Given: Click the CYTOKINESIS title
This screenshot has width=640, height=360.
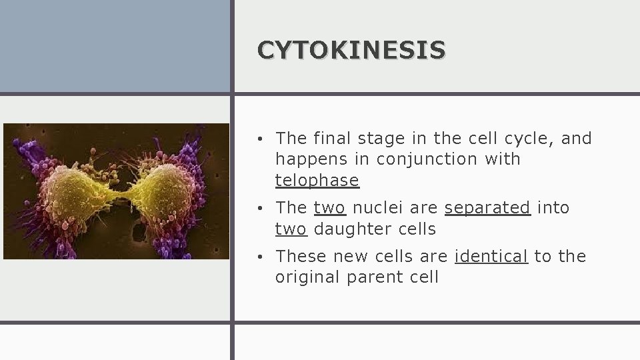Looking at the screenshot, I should pyautogui.click(x=351, y=49).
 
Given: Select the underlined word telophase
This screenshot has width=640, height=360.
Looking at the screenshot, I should pyautogui.click(x=317, y=181).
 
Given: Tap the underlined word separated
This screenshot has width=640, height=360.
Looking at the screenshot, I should pyautogui.click(x=487, y=208).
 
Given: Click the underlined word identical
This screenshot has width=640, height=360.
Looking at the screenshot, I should pyautogui.click(x=491, y=257).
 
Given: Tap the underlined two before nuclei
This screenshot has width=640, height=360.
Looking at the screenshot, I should pyautogui.click(x=329, y=208).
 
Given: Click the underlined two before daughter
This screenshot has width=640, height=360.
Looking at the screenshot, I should pyautogui.click(x=291, y=229).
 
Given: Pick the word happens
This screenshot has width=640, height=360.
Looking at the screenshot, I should pyautogui.click(x=307, y=159).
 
